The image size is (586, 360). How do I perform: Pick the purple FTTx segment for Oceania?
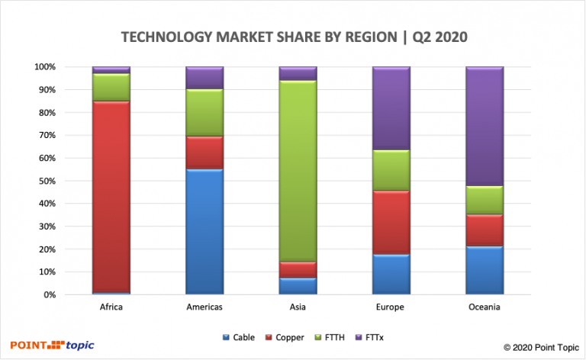(485, 126)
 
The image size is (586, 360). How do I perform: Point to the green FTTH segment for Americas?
(204, 113)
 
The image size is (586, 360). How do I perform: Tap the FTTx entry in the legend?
(353, 336)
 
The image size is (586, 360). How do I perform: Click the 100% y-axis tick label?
(43, 67)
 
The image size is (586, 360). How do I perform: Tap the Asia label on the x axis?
(298, 307)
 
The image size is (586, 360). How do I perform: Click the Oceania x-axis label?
(485, 307)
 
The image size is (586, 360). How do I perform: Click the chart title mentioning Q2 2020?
(293, 37)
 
